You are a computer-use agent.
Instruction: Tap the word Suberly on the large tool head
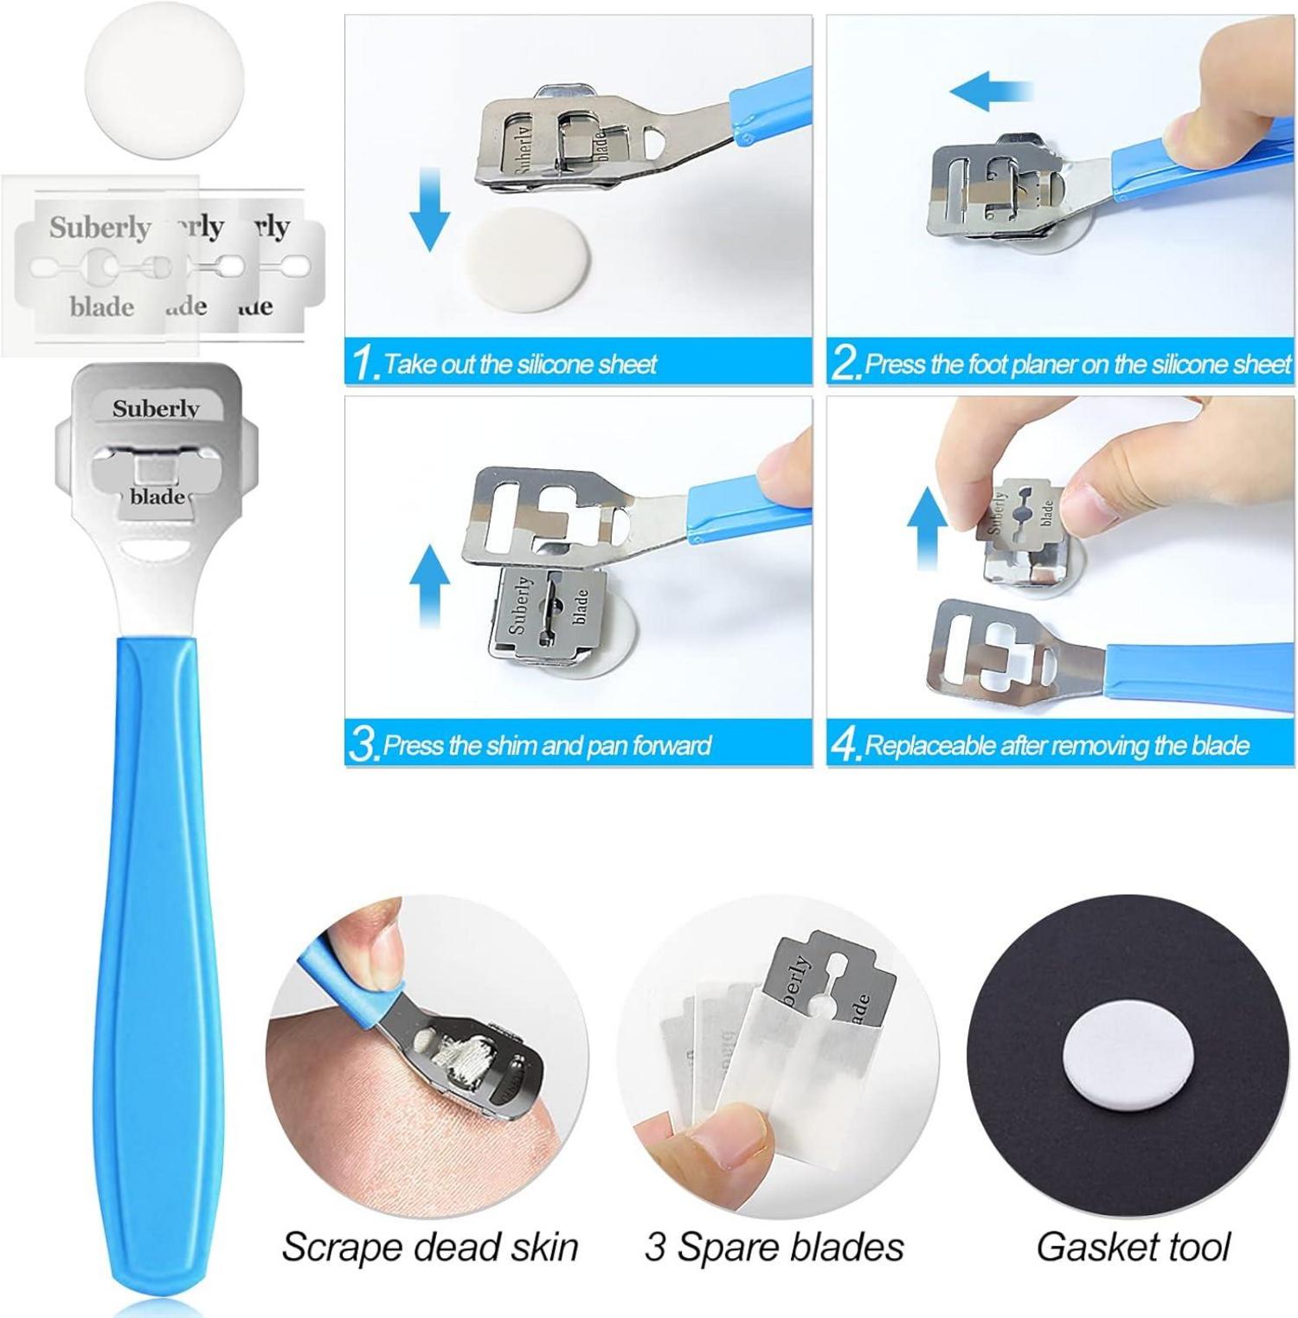155,408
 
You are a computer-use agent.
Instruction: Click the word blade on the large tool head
157,497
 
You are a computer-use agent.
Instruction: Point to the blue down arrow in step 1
429,208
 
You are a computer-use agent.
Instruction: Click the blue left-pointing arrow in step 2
991,91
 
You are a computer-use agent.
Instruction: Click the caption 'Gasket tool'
1133,1246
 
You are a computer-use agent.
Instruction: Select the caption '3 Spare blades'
774,1247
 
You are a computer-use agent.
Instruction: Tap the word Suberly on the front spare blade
100,228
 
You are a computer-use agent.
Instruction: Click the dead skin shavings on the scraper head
453,1051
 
